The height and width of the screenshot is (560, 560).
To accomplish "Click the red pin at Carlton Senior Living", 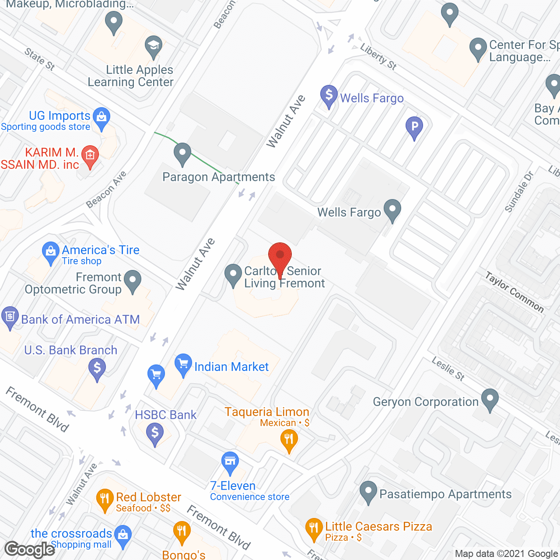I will [x=280, y=255].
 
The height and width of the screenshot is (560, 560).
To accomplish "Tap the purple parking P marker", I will [x=414, y=127].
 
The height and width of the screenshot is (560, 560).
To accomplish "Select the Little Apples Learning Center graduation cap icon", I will [x=153, y=46].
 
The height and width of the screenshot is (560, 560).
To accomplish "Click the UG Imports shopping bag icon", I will [x=101, y=118].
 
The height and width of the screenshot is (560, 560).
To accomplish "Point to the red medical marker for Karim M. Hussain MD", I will [x=90, y=156].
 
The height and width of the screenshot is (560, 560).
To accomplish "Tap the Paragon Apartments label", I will [x=218, y=177].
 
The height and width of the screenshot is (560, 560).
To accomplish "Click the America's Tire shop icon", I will [x=51, y=252].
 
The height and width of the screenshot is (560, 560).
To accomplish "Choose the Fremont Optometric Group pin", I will [x=133, y=280].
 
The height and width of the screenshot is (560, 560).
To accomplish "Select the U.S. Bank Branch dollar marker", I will [x=97, y=368].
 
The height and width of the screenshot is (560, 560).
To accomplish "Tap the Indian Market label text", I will [x=231, y=367].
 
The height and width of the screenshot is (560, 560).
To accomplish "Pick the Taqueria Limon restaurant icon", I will [x=289, y=439].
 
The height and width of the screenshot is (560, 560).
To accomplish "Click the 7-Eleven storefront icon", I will [x=230, y=462].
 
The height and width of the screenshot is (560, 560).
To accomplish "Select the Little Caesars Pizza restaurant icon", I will [x=314, y=528].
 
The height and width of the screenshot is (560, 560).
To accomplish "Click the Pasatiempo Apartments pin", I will [x=368, y=491].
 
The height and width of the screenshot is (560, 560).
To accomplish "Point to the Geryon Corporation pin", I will [x=490, y=399].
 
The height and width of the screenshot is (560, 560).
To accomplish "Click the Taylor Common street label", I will [x=514, y=292].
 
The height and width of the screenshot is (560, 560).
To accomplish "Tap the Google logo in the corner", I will [x=30, y=549].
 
